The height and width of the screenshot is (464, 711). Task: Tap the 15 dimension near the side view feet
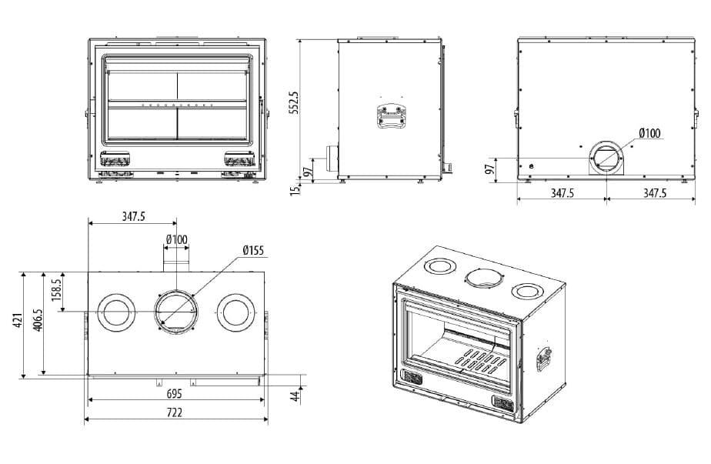click(294, 189)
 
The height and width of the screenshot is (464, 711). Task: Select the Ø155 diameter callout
click(252, 250)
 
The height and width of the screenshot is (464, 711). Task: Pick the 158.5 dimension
click(57, 291)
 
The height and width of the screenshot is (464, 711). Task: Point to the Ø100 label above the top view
click(176, 239)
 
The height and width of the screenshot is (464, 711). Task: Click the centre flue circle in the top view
click(176, 312)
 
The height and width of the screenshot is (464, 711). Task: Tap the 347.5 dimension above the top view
click(133, 217)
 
